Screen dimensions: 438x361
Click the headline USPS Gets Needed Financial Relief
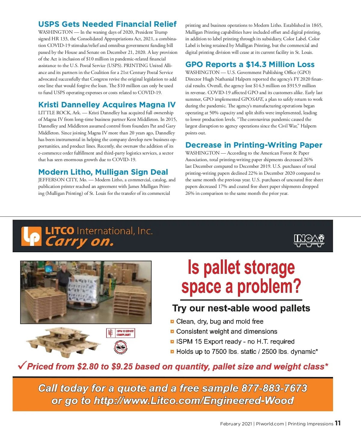[107, 24]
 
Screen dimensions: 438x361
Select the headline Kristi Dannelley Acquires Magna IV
[107, 105]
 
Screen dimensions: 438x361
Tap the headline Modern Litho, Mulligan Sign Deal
[103, 172]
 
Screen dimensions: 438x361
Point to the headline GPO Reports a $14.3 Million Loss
[250, 64]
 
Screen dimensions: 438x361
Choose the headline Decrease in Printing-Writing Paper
[254, 145]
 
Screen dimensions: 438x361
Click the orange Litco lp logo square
[31, 236]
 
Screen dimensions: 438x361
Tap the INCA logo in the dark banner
[309, 240]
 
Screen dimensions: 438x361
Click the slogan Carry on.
[79, 242]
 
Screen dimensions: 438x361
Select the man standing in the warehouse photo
[63, 278]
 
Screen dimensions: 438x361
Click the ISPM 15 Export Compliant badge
[121, 333]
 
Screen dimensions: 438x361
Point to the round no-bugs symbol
[121, 348]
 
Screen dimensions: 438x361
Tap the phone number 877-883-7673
[274, 388]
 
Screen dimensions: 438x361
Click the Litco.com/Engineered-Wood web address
[193, 401]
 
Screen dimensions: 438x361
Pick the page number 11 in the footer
[338, 423]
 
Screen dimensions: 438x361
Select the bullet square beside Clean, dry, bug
[172, 322]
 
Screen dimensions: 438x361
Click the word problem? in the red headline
[269, 286]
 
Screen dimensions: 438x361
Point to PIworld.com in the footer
[270, 424]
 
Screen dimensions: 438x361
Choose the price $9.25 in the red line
[122, 367]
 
